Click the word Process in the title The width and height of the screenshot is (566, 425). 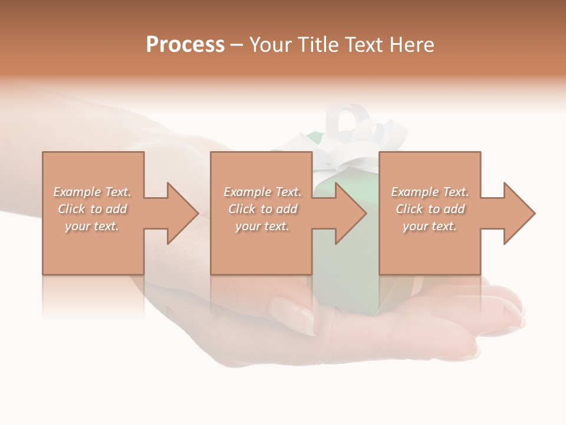pyautogui.click(x=185, y=45)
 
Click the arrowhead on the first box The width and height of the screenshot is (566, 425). pyautogui.click(x=177, y=213)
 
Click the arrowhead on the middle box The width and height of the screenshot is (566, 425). pyautogui.click(x=345, y=213)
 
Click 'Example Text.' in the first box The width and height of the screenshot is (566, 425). pyautogui.click(x=92, y=192)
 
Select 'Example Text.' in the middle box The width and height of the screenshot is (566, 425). pyautogui.click(x=262, y=192)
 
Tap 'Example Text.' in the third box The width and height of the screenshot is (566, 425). pyautogui.click(x=430, y=192)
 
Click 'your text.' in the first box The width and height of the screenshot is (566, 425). pyautogui.click(x=92, y=226)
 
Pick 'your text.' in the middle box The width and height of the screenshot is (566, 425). pyautogui.click(x=262, y=226)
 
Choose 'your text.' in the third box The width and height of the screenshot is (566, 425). pyautogui.click(x=430, y=226)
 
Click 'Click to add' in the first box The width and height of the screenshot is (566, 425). pyautogui.click(x=92, y=209)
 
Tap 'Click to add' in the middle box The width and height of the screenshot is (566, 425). pyautogui.click(x=262, y=209)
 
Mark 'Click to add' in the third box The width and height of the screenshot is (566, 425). pyautogui.click(x=430, y=209)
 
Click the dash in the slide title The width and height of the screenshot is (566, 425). pyautogui.click(x=236, y=45)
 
